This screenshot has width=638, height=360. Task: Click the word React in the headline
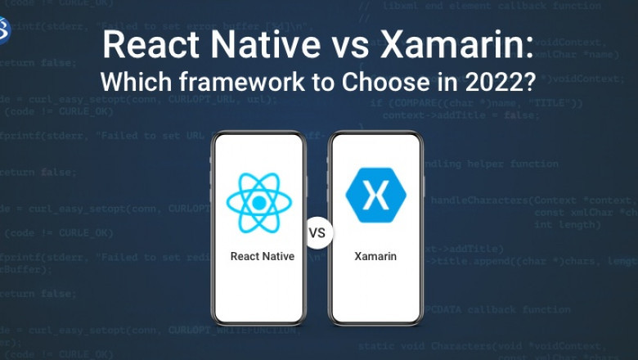pyautogui.click(x=142, y=45)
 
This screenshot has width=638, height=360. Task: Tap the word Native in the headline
pyautogui.click(x=241, y=45)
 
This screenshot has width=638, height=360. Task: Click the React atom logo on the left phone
pyautogui.click(x=258, y=202)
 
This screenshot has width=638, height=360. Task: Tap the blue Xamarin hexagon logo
pyautogui.click(x=375, y=196)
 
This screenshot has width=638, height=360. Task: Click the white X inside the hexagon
pyautogui.click(x=375, y=196)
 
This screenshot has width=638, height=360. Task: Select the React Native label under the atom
pyautogui.click(x=262, y=256)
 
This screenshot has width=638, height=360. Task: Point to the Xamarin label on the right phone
pyautogui.click(x=375, y=256)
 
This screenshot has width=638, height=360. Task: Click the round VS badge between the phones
pyautogui.click(x=317, y=232)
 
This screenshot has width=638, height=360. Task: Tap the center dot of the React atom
pyautogui.click(x=258, y=202)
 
